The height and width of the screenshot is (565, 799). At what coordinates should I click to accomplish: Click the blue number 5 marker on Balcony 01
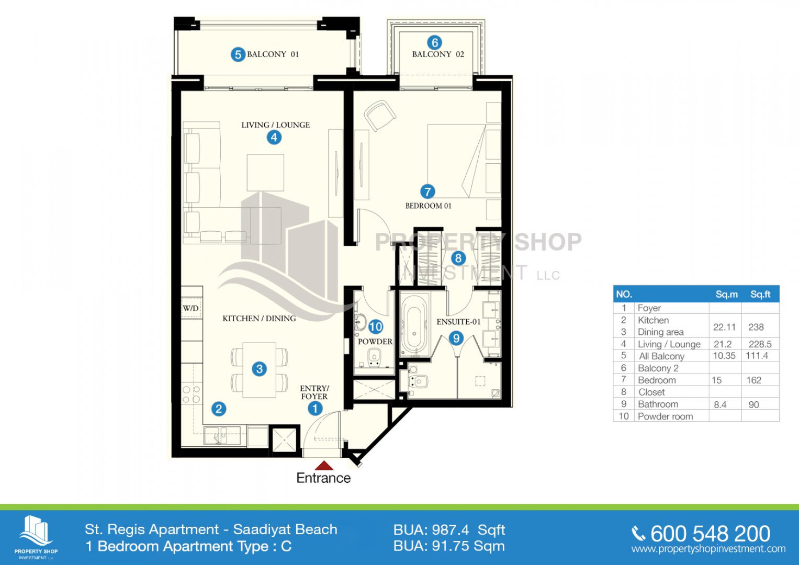[x=238, y=55]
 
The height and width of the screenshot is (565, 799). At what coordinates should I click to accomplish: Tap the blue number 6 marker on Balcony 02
[x=435, y=43]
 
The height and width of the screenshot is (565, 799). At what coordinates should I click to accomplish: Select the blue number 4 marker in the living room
[x=274, y=137]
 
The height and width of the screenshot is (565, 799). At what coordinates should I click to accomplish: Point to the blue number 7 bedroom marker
[x=427, y=191]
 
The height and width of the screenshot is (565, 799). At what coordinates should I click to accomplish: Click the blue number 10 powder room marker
[x=375, y=327]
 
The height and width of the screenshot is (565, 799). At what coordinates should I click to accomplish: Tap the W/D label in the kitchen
[x=191, y=308]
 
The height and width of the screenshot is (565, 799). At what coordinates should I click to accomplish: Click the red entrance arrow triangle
[x=324, y=465]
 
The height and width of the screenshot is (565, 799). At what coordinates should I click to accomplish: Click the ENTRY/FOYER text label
[x=314, y=392]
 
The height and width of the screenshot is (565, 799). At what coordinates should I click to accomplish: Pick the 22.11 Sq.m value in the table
[x=725, y=327]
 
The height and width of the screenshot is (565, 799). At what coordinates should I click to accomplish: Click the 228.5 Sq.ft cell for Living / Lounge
[x=760, y=344]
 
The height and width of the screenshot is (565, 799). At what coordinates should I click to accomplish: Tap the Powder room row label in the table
[x=665, y=416]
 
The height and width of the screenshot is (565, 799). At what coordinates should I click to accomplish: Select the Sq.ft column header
[x=760, y=294]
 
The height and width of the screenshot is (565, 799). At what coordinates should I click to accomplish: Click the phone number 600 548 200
[x=710, y=534]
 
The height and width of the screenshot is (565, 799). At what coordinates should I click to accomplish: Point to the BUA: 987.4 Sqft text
[x=449, y=530]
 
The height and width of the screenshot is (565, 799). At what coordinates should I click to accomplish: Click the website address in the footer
[x=708, y=549]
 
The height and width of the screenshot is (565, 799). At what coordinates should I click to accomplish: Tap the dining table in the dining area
[x=260, y=369]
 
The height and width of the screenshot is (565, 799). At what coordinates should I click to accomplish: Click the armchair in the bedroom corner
[x=380, y=115]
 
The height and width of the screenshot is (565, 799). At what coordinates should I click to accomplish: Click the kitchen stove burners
[x=191, y=394]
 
